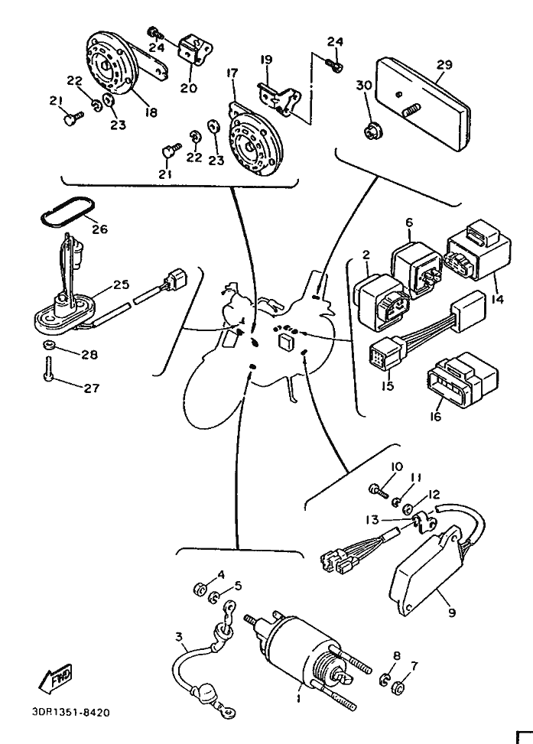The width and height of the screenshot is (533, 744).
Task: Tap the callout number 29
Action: [x=444, y=65]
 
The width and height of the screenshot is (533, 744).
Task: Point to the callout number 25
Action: [x=120, y=284]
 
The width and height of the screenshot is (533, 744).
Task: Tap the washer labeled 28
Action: [x=47, y=348]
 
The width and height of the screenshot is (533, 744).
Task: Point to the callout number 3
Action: [x=178, y=636]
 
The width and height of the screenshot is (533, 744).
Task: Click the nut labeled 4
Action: [x=197, y=588]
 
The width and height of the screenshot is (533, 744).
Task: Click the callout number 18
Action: [x=150, y=112]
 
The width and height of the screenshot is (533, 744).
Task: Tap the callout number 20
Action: [x=188, y=88]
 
